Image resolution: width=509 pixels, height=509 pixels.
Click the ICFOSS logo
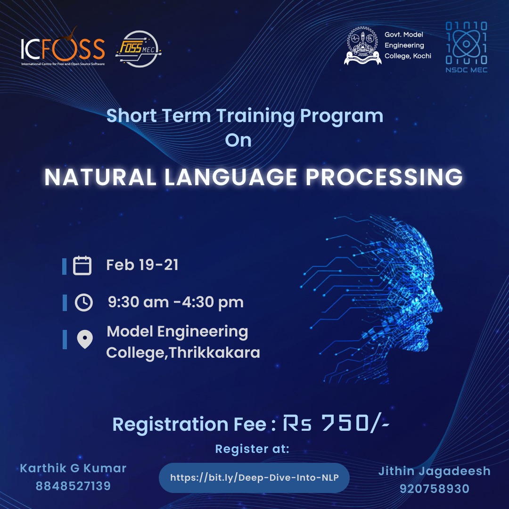[63, 47]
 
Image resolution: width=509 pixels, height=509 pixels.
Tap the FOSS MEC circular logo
[139, 49]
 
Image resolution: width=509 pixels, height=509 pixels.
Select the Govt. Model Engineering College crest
[362, 45]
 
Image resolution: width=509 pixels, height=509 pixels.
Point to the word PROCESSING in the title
[384, 177]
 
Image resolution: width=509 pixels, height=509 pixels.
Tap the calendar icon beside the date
[82, 265]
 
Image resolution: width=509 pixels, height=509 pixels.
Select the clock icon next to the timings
[84, 303]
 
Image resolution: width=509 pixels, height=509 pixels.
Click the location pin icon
[85, 339]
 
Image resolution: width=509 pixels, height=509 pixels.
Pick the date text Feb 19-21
[142, 265]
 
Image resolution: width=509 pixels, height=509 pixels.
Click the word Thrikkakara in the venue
[214, 353]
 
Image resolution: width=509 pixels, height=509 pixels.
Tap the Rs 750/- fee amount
[336, 423]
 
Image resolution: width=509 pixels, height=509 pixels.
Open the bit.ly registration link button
[254, 477]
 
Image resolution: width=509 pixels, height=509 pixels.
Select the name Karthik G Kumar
[73, 468]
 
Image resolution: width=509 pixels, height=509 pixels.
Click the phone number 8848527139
[73, 486]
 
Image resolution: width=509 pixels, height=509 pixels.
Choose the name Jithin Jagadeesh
[435, 471]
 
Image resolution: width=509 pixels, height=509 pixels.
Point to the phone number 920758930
[435, 489]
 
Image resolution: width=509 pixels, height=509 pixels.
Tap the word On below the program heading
[238, 140]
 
